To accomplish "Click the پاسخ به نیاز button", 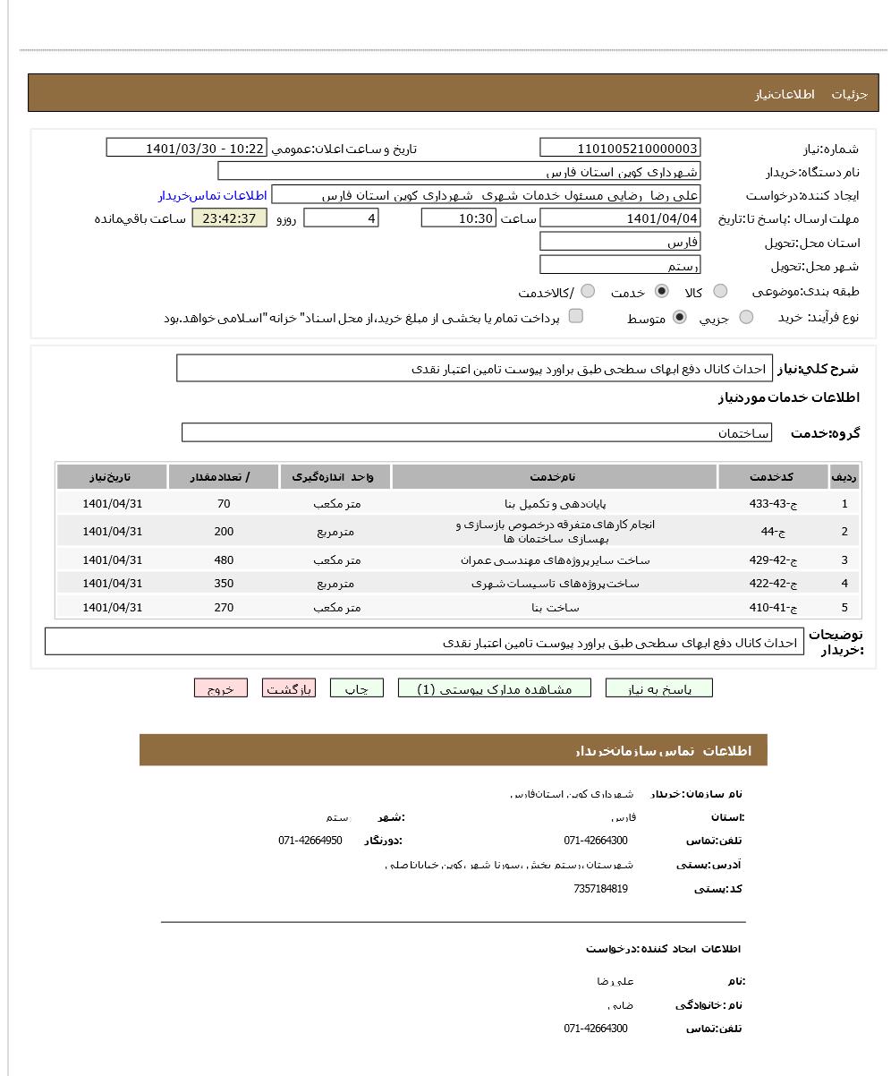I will click(658, 688).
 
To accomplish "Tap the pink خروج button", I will click(220, 688).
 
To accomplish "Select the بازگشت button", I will click(289, 688).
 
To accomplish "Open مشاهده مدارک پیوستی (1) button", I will click(494, 688).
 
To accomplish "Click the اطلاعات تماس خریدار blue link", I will click(213, 195).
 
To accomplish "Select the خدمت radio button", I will click(662, 291).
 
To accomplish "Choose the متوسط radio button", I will click(680, 317).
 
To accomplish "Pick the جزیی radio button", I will click(746, 317).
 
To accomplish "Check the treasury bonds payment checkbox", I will click(576, 316).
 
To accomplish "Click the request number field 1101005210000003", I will click(620, 149).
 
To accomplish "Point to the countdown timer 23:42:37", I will click(229, 218).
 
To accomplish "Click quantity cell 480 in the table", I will click(224, 560).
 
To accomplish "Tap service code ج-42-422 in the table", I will click(772, 584).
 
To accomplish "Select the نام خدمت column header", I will click(554, 477).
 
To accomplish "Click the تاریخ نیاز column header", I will click(112, 477).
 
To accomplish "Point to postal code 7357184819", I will click(600, 889).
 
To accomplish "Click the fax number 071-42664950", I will click(310, 841).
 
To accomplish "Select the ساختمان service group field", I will click(476, 433).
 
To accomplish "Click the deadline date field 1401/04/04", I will click(620, 218).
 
